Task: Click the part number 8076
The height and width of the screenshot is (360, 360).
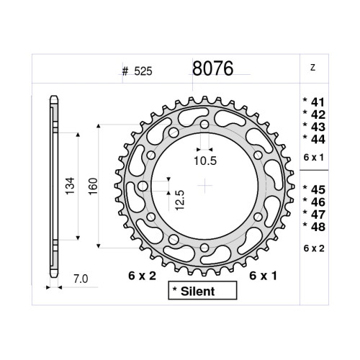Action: click(x=212, y=69)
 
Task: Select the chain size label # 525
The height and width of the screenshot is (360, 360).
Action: click(x=138, y=71)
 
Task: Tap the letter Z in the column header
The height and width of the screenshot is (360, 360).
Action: click(x=312, y=68)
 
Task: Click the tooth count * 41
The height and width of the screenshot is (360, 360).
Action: click(x=315, y=103)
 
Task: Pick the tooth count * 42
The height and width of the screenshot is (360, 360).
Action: click(x=315, y=114)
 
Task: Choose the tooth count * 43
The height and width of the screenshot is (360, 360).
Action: click(x=315, y=126)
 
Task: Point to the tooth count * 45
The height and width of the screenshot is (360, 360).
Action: click(x=315, y=189)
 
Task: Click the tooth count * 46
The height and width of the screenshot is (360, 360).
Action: click(x=315, y=202)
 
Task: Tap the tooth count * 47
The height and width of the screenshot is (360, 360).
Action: click(x=315, y=214)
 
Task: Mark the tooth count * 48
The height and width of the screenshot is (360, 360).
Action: click(x=315, y=226)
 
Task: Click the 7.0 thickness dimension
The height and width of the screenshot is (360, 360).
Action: click(x=81, y=277)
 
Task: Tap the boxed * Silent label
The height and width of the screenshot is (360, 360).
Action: click(x=202, y=291)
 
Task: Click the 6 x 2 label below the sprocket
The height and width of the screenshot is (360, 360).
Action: click(x=143, y=276)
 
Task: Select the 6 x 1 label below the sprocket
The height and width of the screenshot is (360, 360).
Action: click(x=264, y=276)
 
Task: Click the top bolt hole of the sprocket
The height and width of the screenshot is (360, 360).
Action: click(x=205, y=125)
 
